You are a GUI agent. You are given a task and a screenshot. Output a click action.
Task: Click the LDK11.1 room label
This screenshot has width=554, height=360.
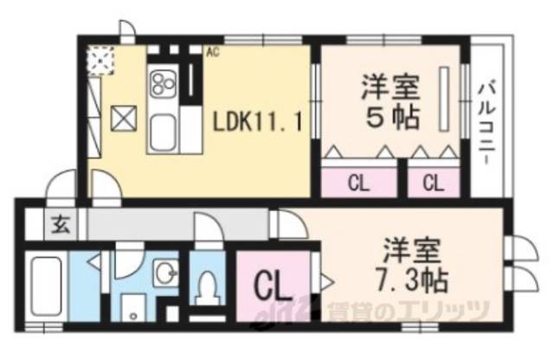(x=257, y=123)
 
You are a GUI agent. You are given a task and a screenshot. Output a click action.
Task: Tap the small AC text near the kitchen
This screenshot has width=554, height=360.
(x=211, y=51)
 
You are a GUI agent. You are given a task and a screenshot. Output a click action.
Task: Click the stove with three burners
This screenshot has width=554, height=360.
(x=164, y=85)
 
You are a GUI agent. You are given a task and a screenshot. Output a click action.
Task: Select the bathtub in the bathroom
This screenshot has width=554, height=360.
(x=42, y=286)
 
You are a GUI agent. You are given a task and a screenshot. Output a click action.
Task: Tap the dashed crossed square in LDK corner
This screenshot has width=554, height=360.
(x=100, y=59)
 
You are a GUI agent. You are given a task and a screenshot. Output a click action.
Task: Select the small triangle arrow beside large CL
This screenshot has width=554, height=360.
(x=326, y=280)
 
